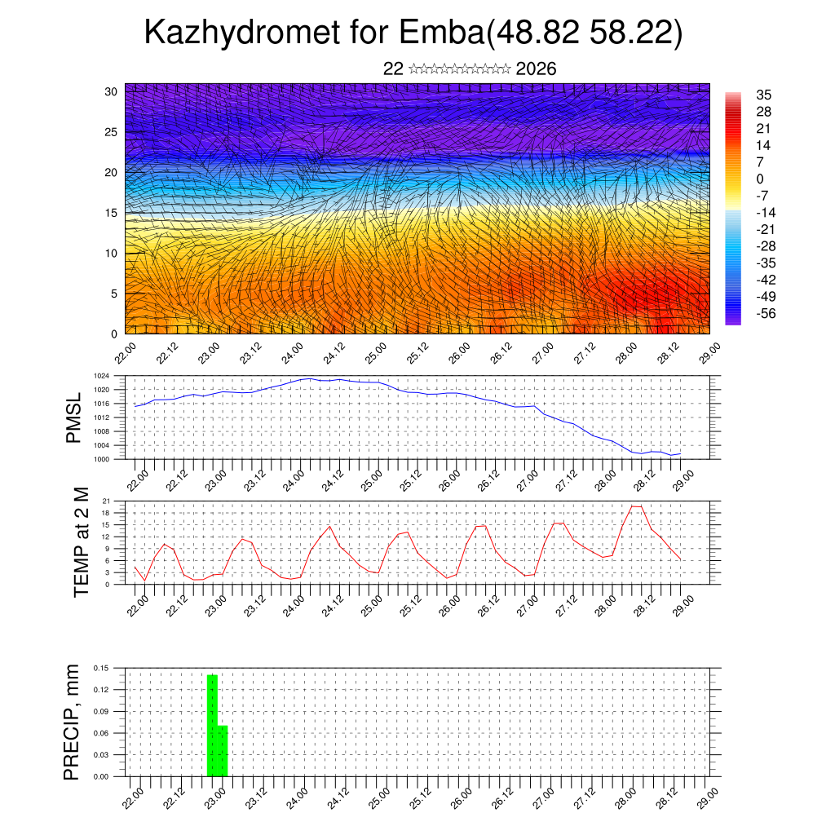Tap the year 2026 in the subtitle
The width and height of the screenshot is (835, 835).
[536, 69]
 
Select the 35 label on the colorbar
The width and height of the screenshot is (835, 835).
[764, 95]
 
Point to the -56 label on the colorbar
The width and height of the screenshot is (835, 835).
[766, 313]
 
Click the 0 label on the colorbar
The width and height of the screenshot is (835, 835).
[760, 179]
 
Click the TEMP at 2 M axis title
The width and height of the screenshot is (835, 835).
[81, 541]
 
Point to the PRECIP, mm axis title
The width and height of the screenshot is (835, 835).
[73, 722]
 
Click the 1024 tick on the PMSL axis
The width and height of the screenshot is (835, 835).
[102, 376]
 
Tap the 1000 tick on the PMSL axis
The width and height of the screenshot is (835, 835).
[102, 459]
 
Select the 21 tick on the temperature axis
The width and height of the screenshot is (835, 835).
[106, 501]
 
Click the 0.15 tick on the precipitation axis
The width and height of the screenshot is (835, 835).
[101, 668]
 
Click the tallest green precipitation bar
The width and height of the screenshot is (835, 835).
[212, 725]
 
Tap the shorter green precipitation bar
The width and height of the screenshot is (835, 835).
[223, 750]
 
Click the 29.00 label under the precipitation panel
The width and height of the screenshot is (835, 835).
[705, 795]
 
